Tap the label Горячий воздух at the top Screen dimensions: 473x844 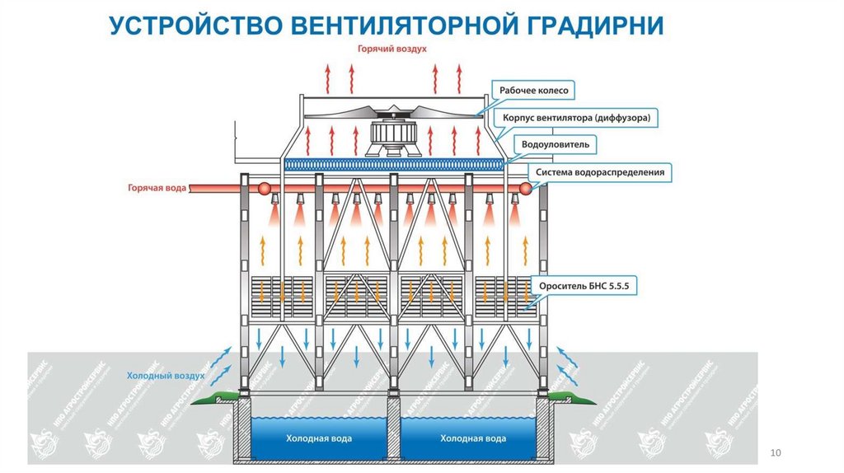(x=391, y=49)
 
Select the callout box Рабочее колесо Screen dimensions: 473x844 (x=534, y=90)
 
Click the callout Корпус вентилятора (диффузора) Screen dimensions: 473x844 (x=578, y=118)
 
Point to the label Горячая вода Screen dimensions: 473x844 (x=157, y=188)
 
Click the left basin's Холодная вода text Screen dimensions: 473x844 (x=318, y=438)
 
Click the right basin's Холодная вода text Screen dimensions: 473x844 (x=473, y=438)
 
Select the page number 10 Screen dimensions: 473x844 (x=774, y=452)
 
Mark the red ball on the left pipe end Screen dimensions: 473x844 (x=266, y=189)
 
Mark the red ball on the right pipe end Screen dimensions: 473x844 (x=524, y=189)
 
